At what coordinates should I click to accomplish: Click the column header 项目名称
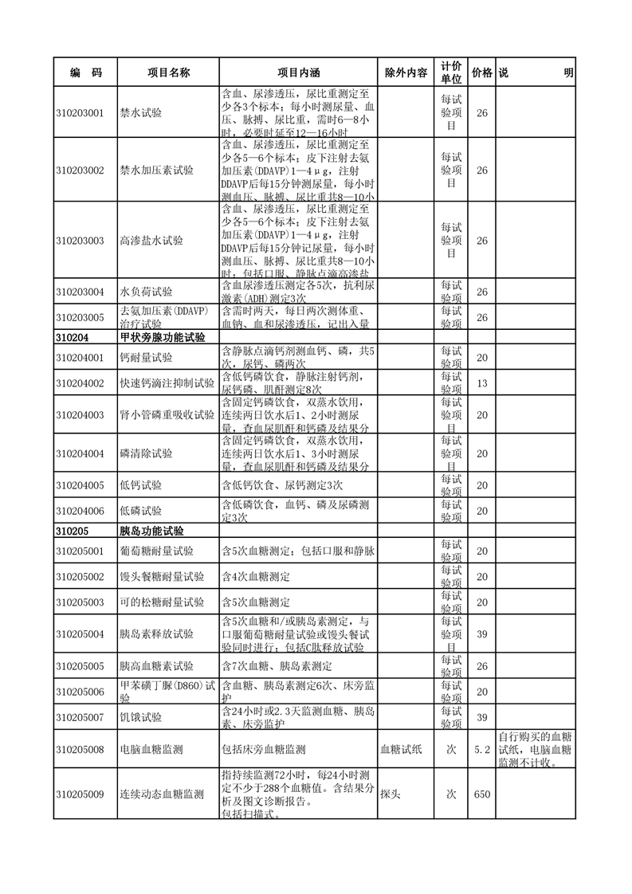click(x=168, y=73)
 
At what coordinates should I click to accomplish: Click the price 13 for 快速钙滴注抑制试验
click(x=481, y=383)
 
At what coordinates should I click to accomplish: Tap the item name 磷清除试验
click(x=145, y=453)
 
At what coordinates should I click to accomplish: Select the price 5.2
click(x=481, y=749)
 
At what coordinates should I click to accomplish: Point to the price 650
click(x=481, y=794)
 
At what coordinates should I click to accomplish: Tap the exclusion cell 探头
click(x=390, y=794)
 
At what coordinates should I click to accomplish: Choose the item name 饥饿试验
click(x=140, y=717)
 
